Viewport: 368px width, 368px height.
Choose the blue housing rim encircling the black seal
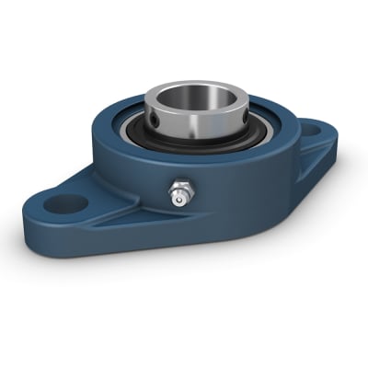pos(120,138)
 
